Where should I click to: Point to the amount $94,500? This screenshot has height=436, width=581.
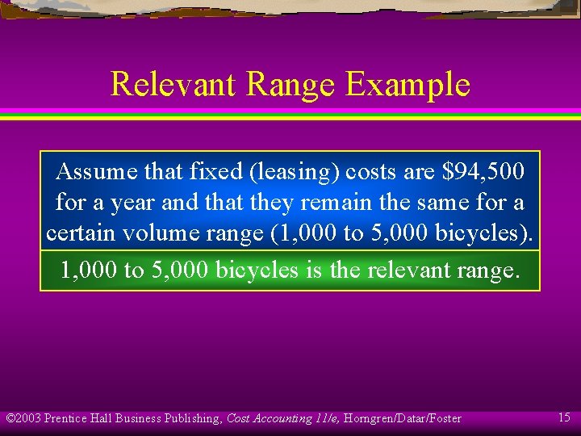483,171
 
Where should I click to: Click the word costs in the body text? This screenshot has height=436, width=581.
374,171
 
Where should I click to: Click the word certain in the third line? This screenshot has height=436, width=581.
80,233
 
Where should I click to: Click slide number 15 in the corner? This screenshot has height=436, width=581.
565,417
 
